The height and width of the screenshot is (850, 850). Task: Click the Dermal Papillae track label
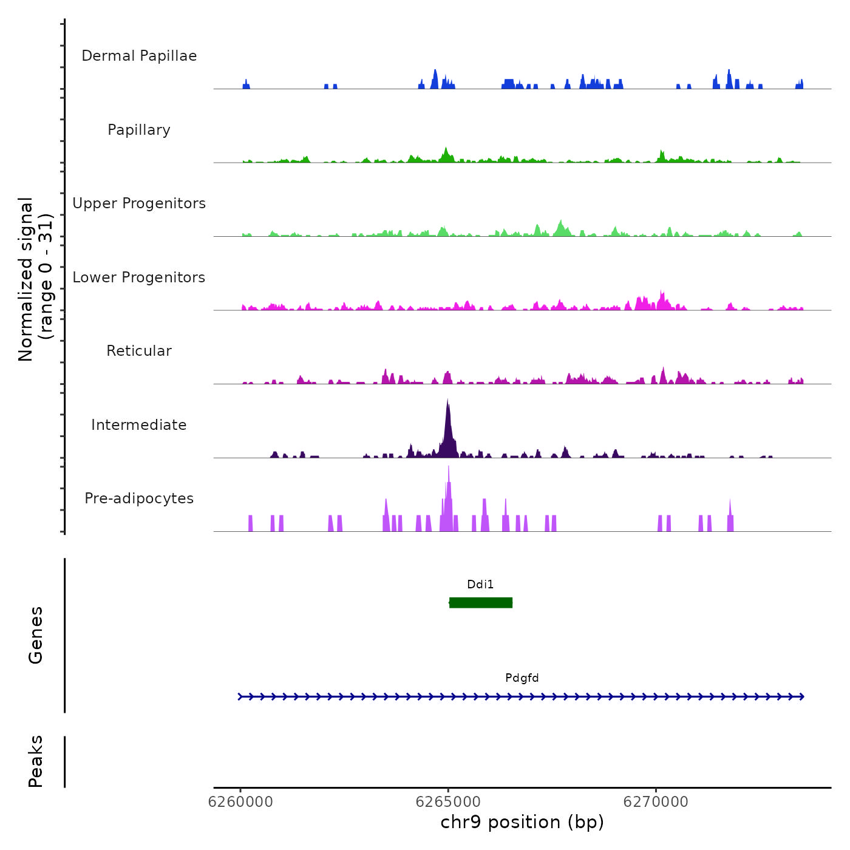click(139, 56)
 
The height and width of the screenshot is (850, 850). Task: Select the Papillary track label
click(139, 130)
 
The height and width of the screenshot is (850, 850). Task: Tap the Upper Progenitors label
click(139, 203)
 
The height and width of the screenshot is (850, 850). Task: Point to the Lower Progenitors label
click(139, 277)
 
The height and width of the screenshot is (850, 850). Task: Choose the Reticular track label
click(139, 351)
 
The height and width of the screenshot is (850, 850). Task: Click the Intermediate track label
click(139, 425)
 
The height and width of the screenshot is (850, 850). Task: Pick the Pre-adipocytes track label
click(139, 498)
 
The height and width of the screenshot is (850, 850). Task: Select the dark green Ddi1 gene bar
click(481, 602)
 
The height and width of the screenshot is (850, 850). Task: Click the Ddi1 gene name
click(480, 585)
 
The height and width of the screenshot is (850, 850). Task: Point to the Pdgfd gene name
click(522, 678)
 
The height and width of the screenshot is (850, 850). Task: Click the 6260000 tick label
click(240, 802)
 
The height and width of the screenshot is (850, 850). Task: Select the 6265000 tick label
click(449, 802)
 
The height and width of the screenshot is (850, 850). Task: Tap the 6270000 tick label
click(656, 802)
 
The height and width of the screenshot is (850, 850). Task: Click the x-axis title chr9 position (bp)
click(522, 822)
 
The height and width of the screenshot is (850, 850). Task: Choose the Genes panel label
click(35, 635)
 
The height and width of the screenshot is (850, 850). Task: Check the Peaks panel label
click(35, 761)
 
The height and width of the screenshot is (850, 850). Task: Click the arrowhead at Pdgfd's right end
click(802, 696)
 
